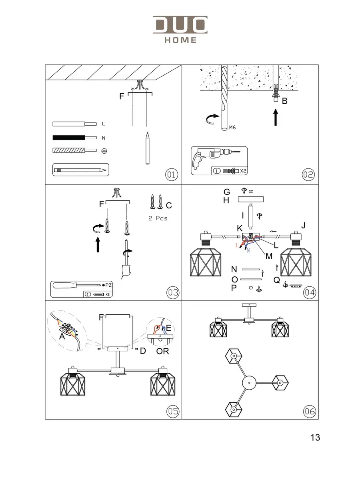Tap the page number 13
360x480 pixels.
[315, 438]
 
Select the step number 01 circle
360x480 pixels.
[171, 174]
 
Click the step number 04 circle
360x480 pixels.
[309, 292]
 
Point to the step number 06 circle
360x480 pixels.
[309, 411]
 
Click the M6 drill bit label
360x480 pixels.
[232, 128]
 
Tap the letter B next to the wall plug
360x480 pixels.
[284, 101]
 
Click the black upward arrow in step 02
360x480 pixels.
[276, 118]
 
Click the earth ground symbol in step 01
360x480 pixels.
[104, 151]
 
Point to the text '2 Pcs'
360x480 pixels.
[156, 218]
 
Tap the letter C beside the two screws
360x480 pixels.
[168, 206]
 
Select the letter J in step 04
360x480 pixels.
[303, 225]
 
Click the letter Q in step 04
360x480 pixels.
[276, 281]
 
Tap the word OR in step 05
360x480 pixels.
[163, 351]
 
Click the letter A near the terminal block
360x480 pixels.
[62, 337]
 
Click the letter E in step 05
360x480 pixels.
[168, 328]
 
